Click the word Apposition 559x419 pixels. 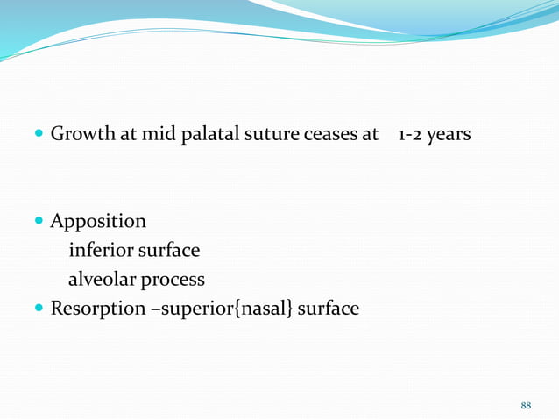98,221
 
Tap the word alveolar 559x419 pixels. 103,280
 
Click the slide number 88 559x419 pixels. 526,405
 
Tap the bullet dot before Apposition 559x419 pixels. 40,221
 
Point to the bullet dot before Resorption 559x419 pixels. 40,309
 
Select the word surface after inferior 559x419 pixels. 168,251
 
